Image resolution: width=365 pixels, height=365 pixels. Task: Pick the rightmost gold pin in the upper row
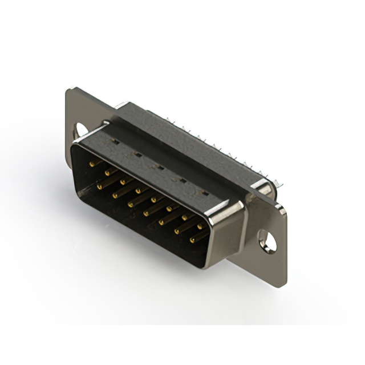pyautogui.click(x=200, y=226)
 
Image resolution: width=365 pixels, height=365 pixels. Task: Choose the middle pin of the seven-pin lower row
pyautogui.click(x=146, y=213)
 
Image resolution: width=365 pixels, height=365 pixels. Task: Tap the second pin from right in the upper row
pyautogui.click(x=184, y=217)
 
